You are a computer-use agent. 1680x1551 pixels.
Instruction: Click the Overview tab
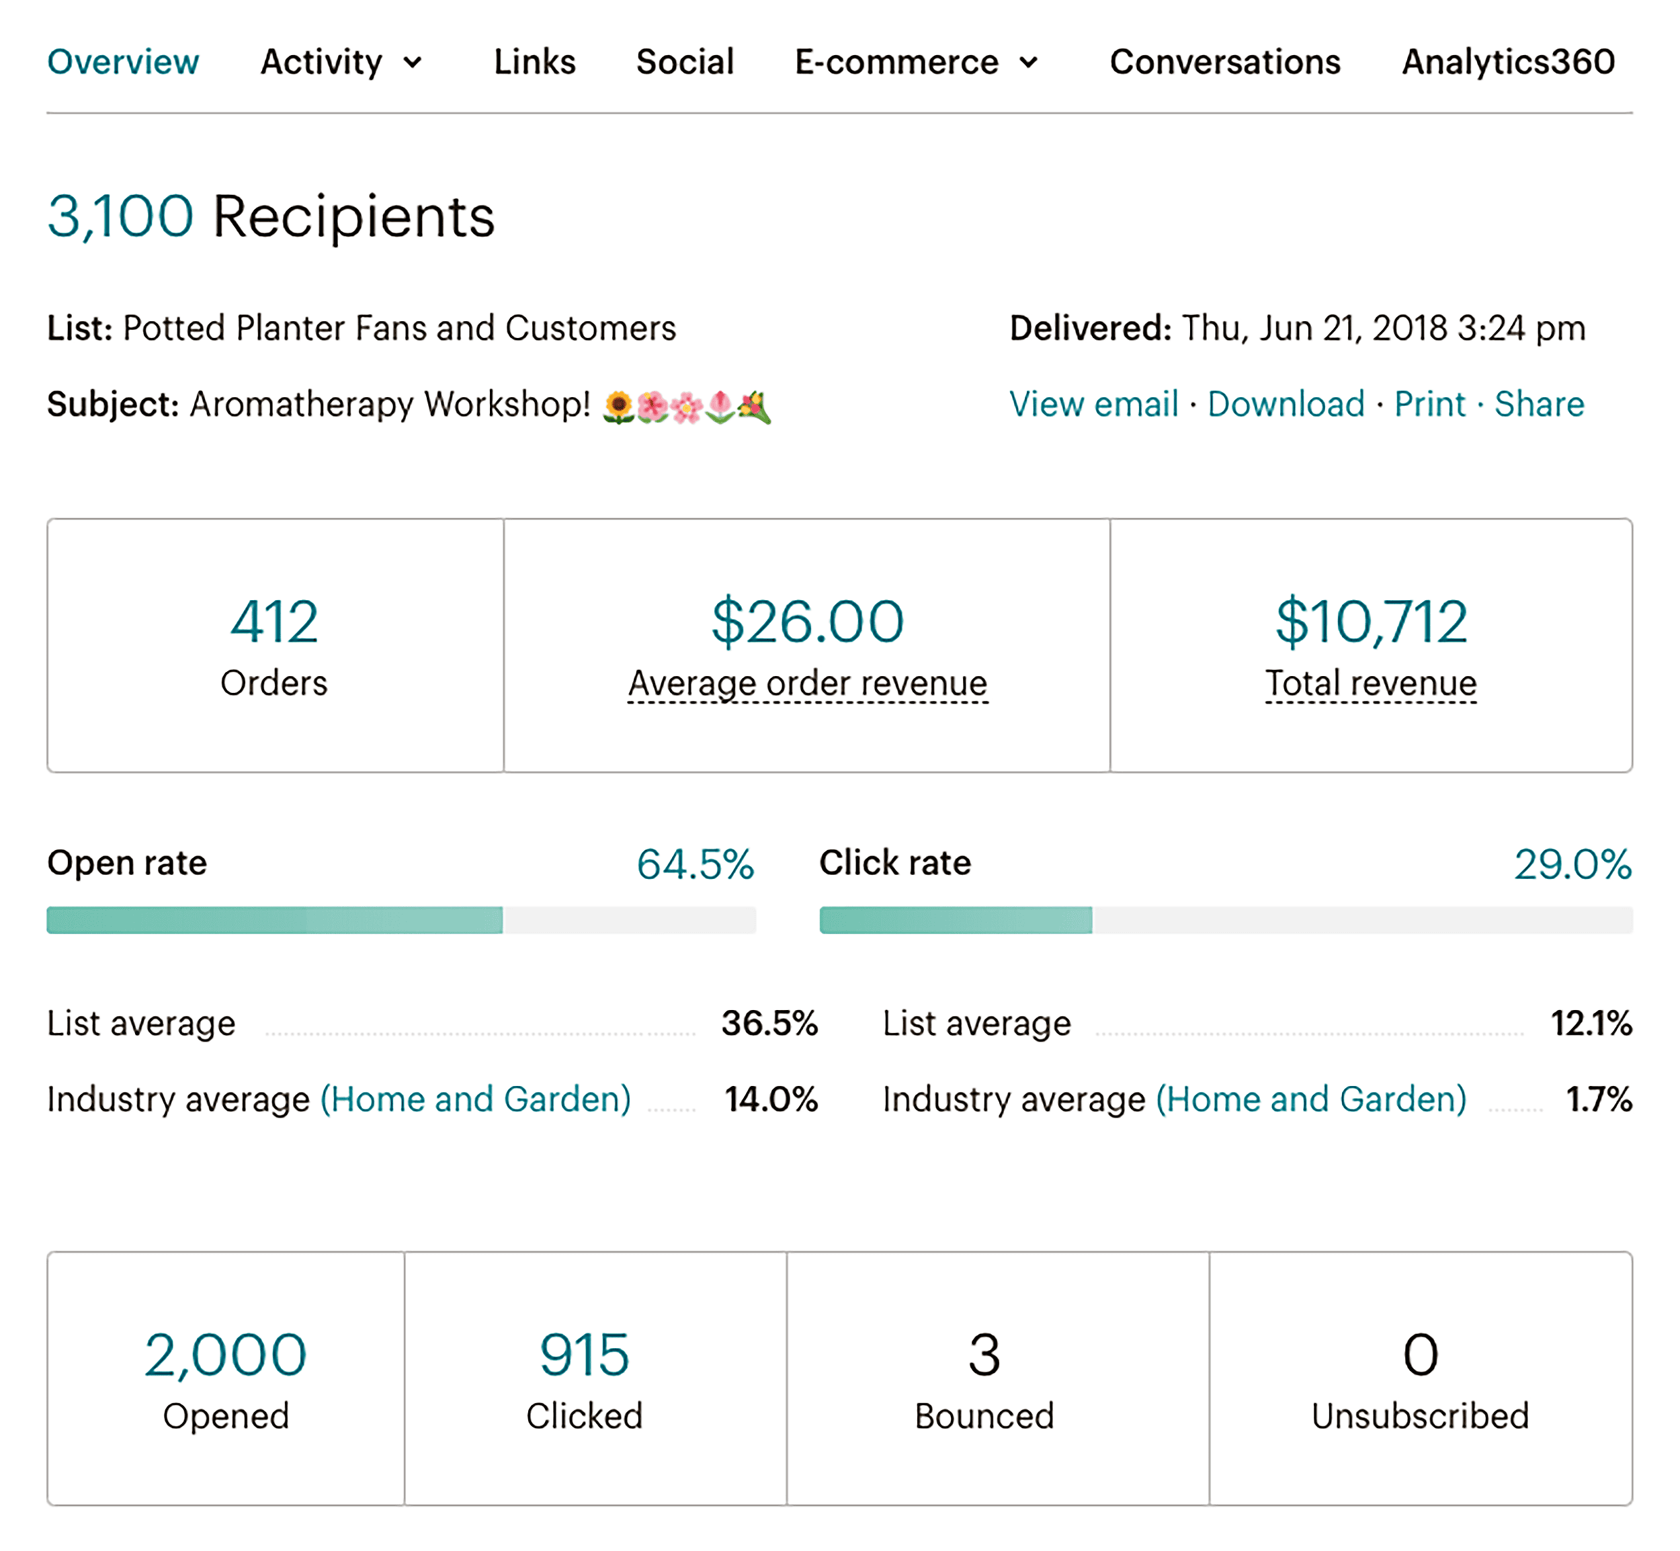(122, 62)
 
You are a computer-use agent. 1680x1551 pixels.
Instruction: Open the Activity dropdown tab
(341, 62)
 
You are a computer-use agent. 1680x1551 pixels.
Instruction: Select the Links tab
(534, 62)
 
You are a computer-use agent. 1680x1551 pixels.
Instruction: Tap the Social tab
(685, 62)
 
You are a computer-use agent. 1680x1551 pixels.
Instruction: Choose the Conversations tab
(1224, 62)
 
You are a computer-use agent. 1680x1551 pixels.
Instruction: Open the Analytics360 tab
(1508, 62)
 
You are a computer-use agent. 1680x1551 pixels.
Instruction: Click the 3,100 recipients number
(120, 216)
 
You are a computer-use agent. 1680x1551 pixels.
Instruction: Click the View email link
(1093, 405)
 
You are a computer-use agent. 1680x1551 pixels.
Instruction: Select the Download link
(1286, 405)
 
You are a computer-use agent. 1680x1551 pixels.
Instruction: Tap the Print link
(1429, 405)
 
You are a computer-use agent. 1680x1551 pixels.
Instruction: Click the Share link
(1539, 405)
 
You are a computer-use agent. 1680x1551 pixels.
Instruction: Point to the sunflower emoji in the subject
(618, 408)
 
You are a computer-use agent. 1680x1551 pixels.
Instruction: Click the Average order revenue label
(807, 683)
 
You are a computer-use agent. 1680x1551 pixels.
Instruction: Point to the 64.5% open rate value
(695, 864)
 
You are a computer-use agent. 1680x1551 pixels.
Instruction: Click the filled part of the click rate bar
(956, 921)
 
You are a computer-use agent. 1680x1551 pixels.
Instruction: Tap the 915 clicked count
(584, 1355)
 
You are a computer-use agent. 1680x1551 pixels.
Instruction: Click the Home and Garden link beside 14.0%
(476, 1099)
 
